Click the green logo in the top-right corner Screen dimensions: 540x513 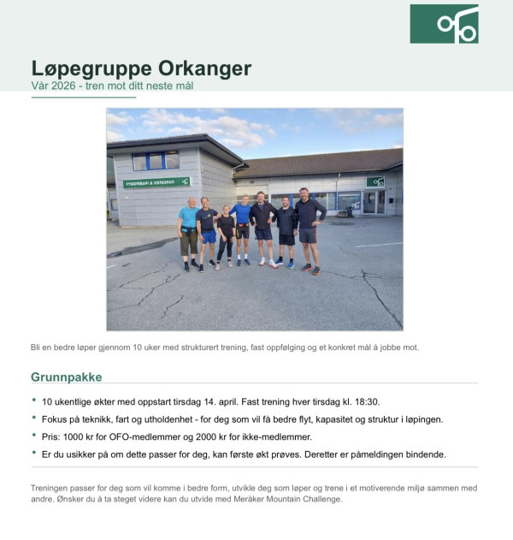(444, 24)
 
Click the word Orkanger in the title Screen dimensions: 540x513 (205, 68)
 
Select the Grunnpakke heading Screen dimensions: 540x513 (66, 377)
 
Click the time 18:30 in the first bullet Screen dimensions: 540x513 (365, 401)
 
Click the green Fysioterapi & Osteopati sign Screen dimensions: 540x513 (156, 182)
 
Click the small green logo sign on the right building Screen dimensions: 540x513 (375, 181)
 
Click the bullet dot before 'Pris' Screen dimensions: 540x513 (34, 435)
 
